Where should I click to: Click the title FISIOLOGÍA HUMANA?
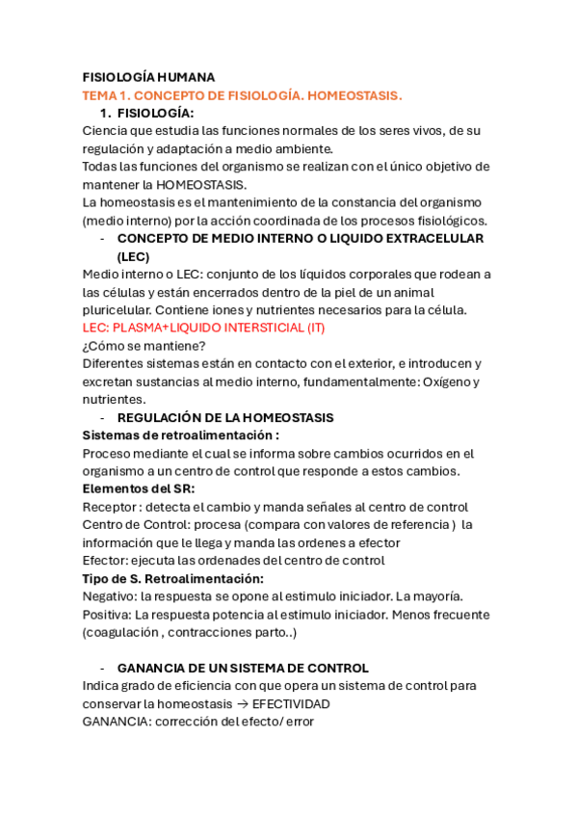[148, 77]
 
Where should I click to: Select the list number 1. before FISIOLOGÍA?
[105, 114]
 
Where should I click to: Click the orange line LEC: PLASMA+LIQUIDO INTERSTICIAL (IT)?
[204, 328]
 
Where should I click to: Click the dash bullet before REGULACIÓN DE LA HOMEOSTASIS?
[103, 417]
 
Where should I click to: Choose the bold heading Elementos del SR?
[139, 488]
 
